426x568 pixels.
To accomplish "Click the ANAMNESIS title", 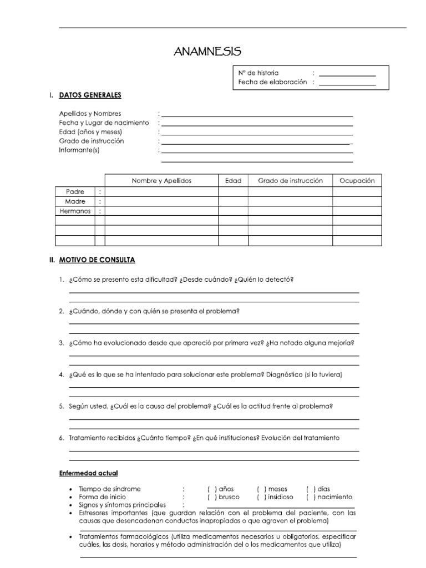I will coord(207,52).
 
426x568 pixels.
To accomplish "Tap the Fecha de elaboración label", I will coord(272,82).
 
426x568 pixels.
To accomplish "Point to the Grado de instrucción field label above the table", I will coord(92,141).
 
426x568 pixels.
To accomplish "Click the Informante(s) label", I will coord(79,150).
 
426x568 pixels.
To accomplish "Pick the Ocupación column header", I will coord(357,181).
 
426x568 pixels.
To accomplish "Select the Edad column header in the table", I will coord(233,181).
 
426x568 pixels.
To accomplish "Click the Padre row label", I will coord(75,191).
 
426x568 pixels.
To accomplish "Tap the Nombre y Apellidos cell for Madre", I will coord(161,201).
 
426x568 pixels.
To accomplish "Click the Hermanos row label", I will coord(75,211).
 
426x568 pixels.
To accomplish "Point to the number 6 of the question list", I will coord(62,438).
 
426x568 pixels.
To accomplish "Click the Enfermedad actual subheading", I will coord(88,473).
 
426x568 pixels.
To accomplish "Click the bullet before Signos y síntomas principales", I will coord(72,506).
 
